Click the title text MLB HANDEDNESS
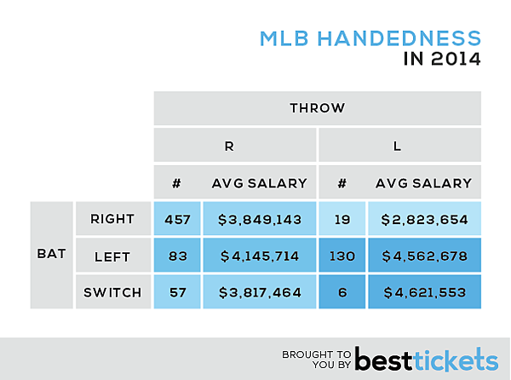click(x=370, y=39)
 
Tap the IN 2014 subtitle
click(x=441, y=60)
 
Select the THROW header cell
click(x=317, y=108)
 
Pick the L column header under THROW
click(x=399, y=146)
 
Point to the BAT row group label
click(x=51, y=255)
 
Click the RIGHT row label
click(x=112, y=219)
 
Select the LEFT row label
click(x=112, y=255)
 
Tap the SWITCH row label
click(x=112, y=291)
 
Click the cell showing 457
click(x=176, y=219)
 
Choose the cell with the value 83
click(x=176, y=255)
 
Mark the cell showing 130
click(x=342, y=255)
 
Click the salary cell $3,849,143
click(x=259, y=219)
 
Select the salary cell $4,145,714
click(x=259, y=255)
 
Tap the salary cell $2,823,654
click(x=424, y=219)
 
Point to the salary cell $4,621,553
click(x=424, y=291)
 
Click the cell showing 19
click(x=342, y=219)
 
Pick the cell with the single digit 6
click(x=342, y=291)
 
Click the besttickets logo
click(x=426, y=356)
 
